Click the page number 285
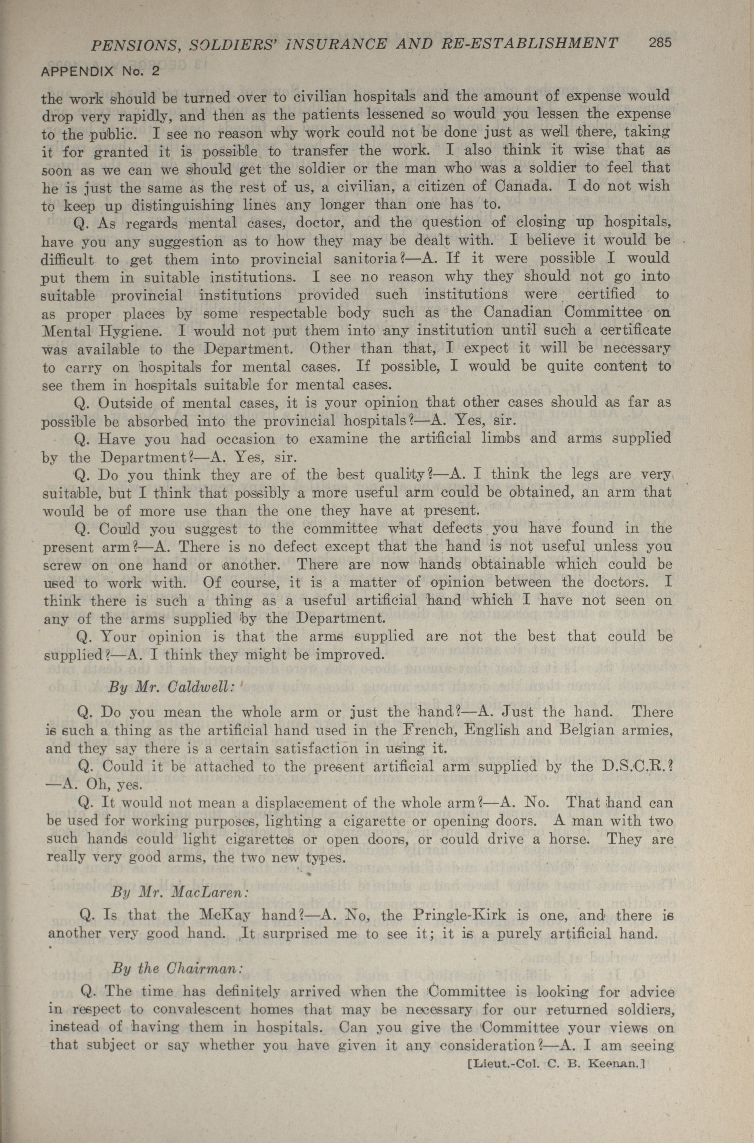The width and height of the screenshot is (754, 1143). [x=659, y=43]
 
